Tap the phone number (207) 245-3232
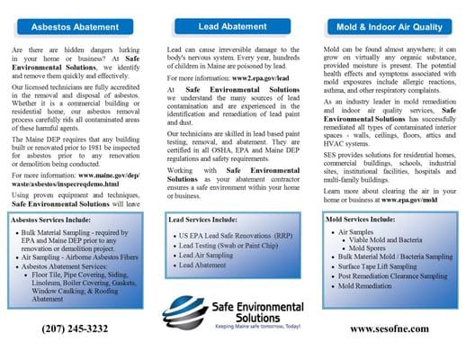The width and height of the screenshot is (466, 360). coord(75,329)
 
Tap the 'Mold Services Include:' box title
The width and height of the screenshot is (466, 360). coord(357,220)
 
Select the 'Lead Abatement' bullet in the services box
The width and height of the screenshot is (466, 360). coord(203,265)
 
